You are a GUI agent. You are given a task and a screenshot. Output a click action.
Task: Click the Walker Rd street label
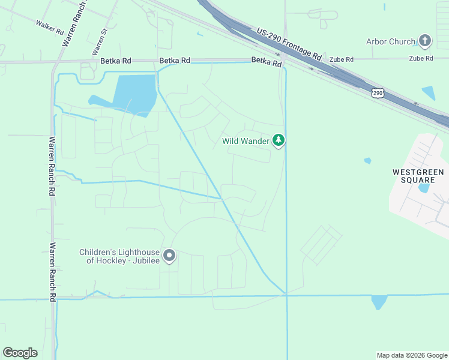pyautogui.click(x=49, y=26)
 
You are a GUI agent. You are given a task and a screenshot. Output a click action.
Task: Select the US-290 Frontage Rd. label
pyautogui.click(x=290, y=46)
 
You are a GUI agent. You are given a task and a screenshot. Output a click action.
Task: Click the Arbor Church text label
pyautogui.click(x=391, y=41)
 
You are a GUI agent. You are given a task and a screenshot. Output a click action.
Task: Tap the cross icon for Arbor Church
pyautogui.click(x=425, y=41)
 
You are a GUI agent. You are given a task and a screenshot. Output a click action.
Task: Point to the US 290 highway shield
pyautogui.click(x=377, y=92)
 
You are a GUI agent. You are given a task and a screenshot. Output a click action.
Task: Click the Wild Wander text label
pyautogui.click(x=246, y=142)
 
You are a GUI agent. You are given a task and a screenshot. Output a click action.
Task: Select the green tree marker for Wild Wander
pyautogui.click(x=279, y=140)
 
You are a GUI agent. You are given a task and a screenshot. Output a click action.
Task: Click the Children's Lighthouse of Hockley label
pyautogui.click(x=119, y=256)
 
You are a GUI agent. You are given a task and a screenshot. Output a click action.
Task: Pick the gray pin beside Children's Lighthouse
pyautogui.click(x=170, y=256)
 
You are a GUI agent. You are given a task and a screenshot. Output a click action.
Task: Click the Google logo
pyautogui.click(x=20, y=353)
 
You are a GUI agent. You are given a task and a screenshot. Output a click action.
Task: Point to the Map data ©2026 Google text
pyautogui.click(x=412, y=355)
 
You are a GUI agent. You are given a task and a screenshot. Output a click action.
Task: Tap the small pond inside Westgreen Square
pyautogui.click(x=424, y=187)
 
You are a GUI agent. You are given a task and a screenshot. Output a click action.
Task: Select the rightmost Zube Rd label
pyautogui.click(x=421, y=58)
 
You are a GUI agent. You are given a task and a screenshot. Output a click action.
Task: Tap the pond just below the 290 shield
pyautogui.click(x=428, y=93)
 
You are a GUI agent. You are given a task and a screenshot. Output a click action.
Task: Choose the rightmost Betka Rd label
pyautogui.click(x=267, y=61)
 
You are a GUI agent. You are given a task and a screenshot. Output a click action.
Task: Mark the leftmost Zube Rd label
pyautogui.click(x=342, y=59)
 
